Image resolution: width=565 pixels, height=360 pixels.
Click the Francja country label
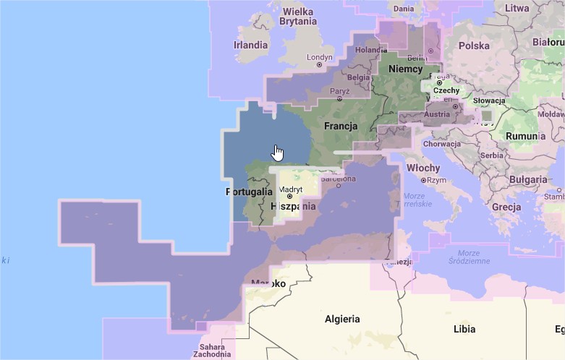coord(341,126)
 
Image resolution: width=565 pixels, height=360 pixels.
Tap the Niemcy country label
coord(405,69)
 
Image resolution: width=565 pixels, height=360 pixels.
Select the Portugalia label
coord(249,192)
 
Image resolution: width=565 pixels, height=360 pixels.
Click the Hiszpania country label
coord(293,206)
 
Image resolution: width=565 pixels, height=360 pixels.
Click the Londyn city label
coord(319,57)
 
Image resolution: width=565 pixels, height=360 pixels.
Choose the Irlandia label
coord(250,45)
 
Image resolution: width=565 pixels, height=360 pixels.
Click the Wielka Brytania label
coord(299,17)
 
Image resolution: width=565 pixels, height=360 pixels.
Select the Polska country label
coord(474,45)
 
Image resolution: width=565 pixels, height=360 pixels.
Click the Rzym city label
coord(436,181)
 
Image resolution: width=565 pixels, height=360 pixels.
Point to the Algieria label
coord(342,319)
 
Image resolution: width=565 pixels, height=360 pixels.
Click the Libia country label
coord(464,329)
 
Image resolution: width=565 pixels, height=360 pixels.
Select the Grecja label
coord(506,207)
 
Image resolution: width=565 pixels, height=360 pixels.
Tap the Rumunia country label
coord(522,136)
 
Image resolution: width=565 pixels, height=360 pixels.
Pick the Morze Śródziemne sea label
coord(464,257)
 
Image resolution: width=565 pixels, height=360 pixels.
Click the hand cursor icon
coord(277,153)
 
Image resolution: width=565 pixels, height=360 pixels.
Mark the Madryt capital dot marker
coord(289,196)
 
